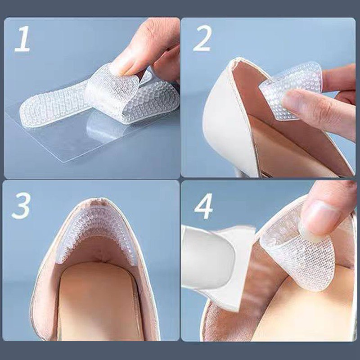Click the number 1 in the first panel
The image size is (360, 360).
click(x=22, y=39)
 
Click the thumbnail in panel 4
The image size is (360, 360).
click(x=321, y=218)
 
